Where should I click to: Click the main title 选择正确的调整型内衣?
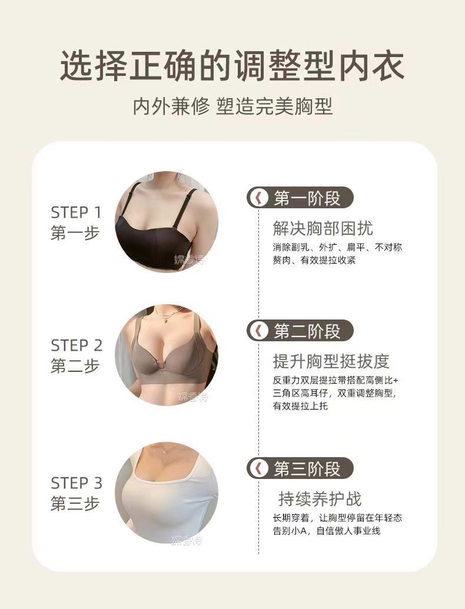(x=232, y=65)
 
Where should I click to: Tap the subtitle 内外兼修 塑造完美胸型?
(x=232, y=107)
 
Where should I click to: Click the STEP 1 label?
(x=76, y=212)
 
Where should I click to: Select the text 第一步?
(x=75, y=234)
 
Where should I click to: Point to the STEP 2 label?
(x=77, y=345)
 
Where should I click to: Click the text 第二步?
(x=75, y=366)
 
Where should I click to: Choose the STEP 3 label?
(x=77, y=483)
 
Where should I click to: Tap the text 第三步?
(x=75, y=504)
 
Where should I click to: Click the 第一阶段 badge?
(x=300, y=198)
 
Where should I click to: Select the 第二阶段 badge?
(x=300, y=331)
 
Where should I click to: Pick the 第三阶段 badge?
(x=300, y=468)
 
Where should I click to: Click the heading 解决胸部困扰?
(x=323, y=228)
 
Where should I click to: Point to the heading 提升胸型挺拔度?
(x=331, y=361)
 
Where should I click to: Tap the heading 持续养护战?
(x=320, y=500)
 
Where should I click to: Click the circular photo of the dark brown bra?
(x=166, y=222)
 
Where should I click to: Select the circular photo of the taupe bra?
(x=166, y=355)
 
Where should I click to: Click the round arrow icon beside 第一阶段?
(x=258, y=198)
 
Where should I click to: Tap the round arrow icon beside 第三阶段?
(x=258, y=468)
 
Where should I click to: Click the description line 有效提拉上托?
(x=300, y=407)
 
